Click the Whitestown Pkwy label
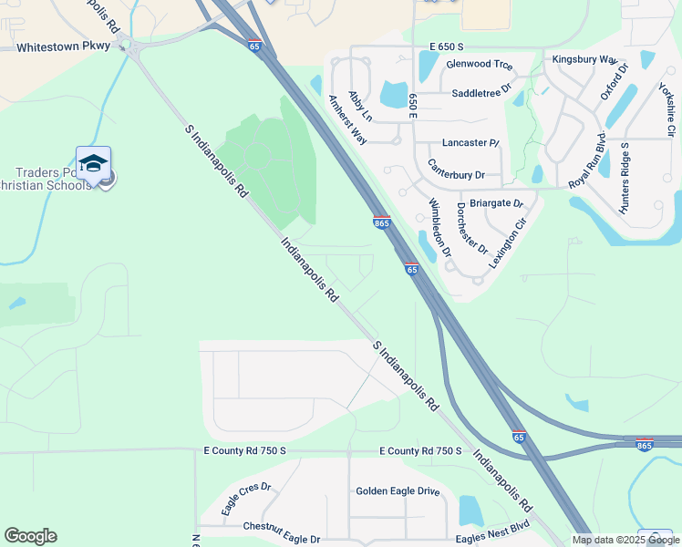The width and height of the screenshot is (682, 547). click(62, 46)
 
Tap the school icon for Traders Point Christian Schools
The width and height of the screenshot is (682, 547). click(93, 163)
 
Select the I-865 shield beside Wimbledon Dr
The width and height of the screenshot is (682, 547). click(382, 222)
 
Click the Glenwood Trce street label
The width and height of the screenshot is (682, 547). click(480, 66)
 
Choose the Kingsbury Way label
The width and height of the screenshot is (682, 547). click(584, 59)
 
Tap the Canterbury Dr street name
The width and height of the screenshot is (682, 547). click(468, 174)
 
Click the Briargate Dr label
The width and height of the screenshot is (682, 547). click(496, 203)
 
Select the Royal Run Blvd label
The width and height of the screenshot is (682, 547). click(587, 164)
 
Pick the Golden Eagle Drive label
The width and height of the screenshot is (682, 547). click(398, 490)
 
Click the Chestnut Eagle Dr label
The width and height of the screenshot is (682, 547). click(281, 527)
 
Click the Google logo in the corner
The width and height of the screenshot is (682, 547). click(30, 536)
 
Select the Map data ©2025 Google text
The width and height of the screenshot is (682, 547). click(625, 540)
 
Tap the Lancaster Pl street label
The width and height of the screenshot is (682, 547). click(470, 143)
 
